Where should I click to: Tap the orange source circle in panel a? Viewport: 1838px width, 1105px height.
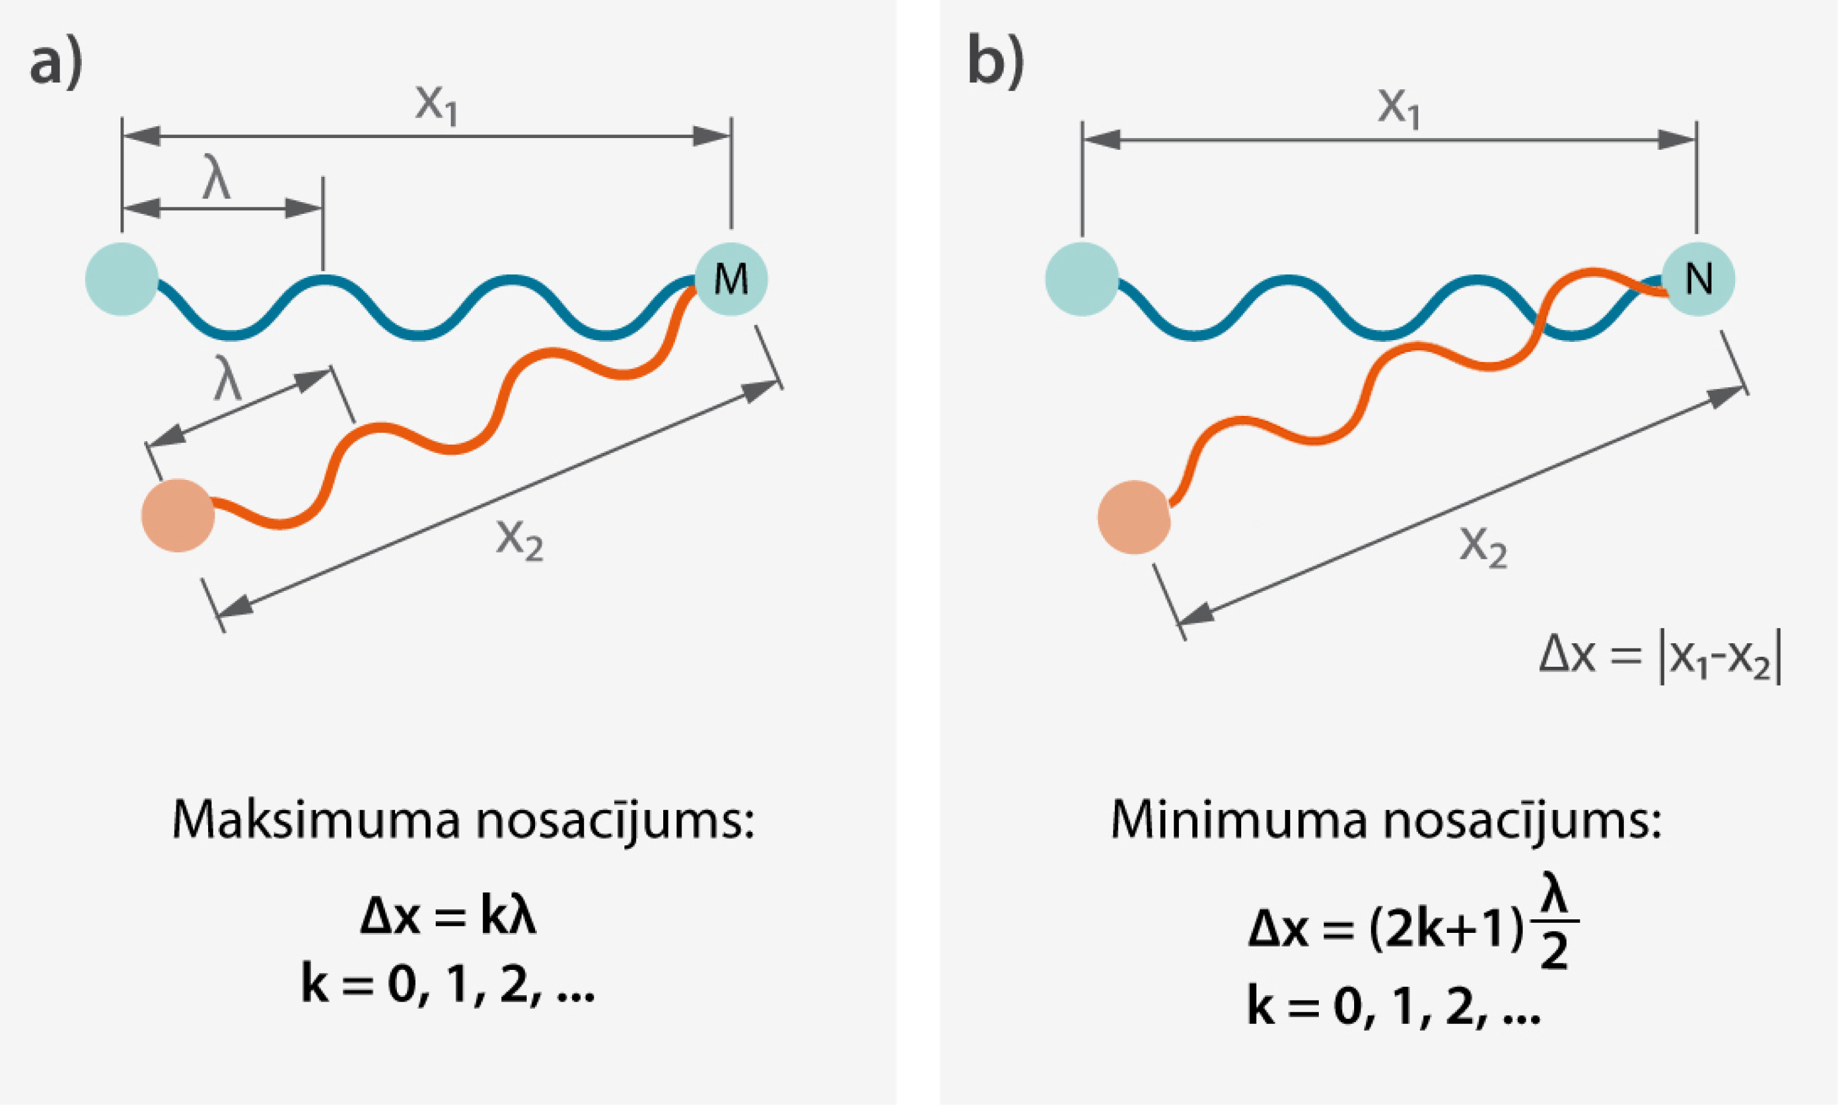point(178,515)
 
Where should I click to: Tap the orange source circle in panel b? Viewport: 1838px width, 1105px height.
point(1134,518)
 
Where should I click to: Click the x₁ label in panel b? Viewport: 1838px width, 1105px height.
point(1398,108)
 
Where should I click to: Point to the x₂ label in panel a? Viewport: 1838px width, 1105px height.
point(520,539)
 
